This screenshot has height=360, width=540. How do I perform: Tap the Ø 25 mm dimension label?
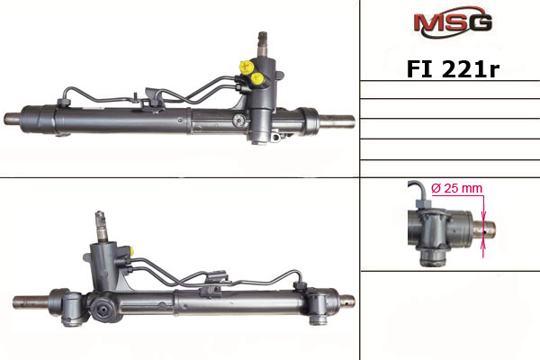[457, 188]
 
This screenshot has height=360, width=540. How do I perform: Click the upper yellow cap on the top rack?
[245, 66]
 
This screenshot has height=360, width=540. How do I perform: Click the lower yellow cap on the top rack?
[258, 79]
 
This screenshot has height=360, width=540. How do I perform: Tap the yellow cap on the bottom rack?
[131, 250]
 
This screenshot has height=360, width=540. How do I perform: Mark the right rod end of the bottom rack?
[346, 300]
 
